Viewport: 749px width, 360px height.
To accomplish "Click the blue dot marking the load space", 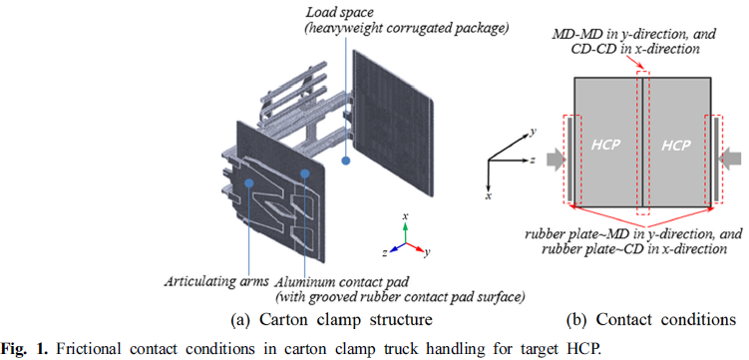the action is tap(346, 161).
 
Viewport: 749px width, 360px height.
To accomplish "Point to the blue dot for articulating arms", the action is tap(248, 181).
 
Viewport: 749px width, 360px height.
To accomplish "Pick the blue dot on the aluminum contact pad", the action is tap(305, 173).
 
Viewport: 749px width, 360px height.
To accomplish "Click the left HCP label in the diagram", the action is tap(605, 146).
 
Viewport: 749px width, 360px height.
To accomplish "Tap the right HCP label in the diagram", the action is tap(676, 146).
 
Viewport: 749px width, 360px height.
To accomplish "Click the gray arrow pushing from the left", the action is tap(554, 160).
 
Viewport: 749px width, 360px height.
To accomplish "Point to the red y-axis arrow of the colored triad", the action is tap(415, 247).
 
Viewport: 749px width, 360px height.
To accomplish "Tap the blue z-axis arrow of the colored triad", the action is tap(397, 247).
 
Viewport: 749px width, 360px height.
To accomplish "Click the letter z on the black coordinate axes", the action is tap(532, 161).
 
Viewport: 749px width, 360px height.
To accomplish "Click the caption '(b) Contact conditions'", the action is tap(651, 319).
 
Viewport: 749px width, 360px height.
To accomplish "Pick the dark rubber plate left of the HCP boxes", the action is tap(569, 160).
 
